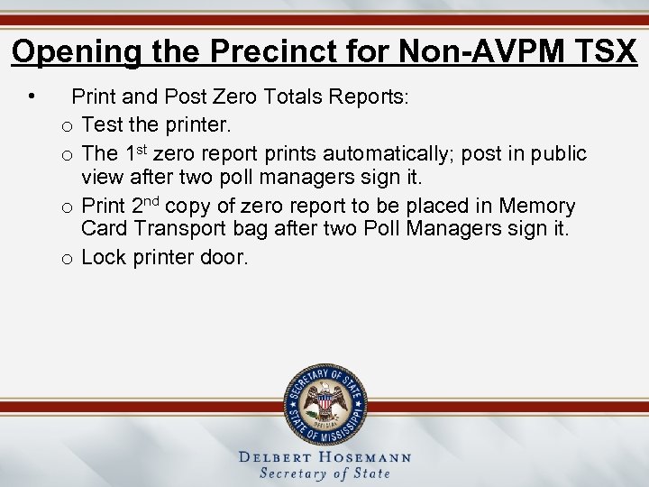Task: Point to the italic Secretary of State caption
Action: coord(324,473)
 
